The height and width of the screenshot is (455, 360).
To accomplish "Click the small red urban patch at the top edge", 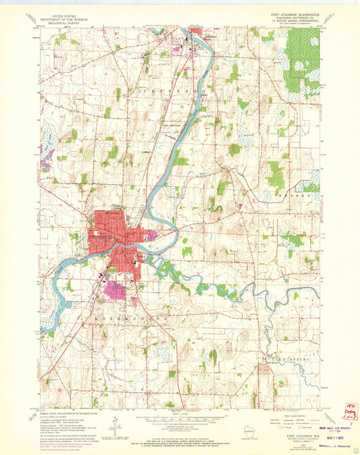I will [x=197, y=30].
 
